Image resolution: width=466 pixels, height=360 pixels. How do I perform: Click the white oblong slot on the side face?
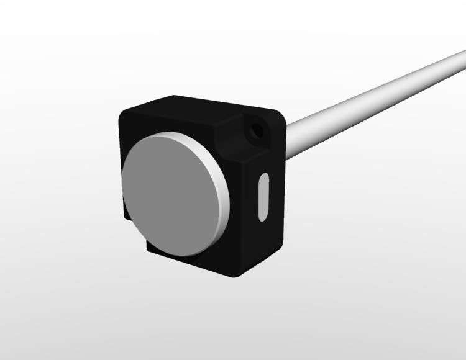(x=263, y=196)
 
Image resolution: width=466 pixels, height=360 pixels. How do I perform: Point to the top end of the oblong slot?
(x=263, y=178)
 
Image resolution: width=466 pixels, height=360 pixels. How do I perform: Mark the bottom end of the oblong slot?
(x=262, y=214)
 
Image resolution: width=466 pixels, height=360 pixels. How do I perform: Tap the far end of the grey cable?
(x=459, y=60)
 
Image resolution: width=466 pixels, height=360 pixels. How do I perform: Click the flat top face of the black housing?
(x=199, y=108)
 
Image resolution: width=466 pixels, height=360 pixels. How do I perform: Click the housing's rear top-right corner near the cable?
(x=280, y=114)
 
